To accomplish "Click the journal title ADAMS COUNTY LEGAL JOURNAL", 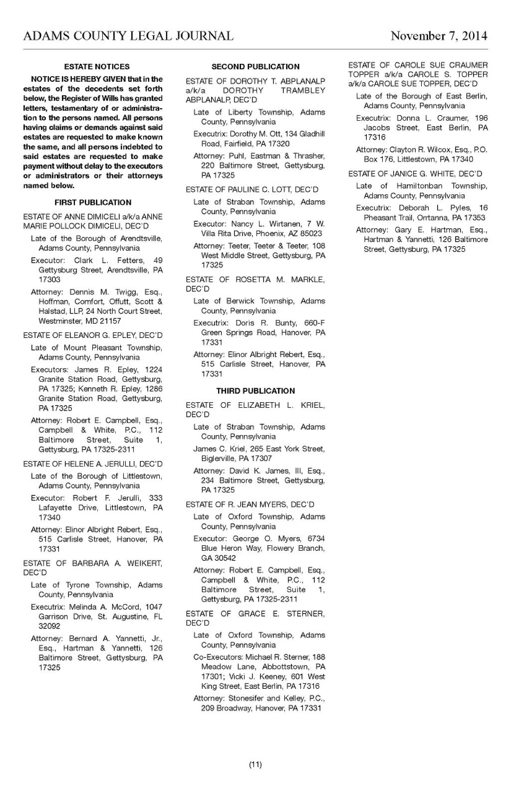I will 128,36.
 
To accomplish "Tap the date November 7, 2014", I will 439,36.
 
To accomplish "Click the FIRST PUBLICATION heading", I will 93,202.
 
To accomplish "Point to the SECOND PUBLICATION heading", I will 255,67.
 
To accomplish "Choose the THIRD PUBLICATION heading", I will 255,391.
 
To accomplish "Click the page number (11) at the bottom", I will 255,765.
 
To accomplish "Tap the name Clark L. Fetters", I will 108,260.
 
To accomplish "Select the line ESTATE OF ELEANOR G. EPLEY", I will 93,335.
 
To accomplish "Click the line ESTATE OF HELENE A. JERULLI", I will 93,464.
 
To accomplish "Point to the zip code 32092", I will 49,626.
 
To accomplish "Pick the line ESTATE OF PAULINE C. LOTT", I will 252,190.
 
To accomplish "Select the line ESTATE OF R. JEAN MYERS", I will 250,504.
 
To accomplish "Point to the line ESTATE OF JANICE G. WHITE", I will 415,174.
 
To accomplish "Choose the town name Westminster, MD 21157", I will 80,321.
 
